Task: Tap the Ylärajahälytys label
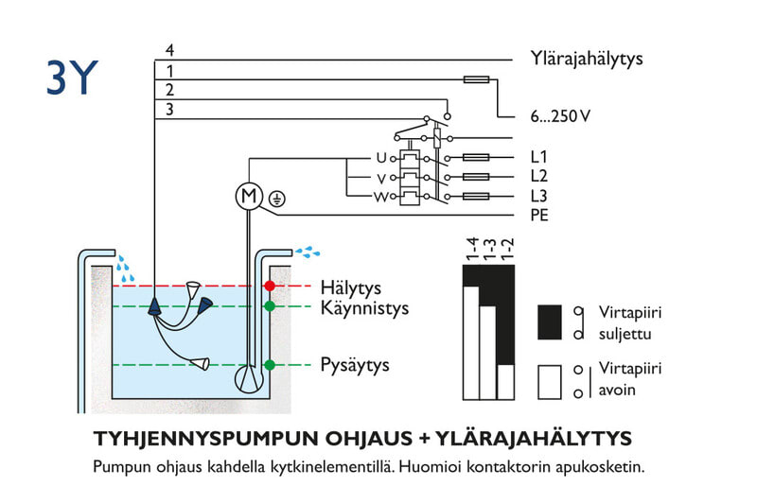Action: (x=587, y=59)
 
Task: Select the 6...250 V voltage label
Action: (x=560, y=117)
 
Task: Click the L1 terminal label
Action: (x=539, y=157)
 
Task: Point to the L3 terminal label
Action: (x=539, y=196)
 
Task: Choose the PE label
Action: (x=539, y=216)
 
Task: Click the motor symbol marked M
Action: (x=248, y=197)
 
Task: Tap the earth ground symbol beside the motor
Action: (x=276, y=199)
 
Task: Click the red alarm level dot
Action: (x=270, y=286)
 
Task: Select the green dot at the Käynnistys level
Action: (x=270, y=306)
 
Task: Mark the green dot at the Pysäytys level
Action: (x=270, y=365)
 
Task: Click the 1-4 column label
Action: (x=470, y=250)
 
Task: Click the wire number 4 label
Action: (x=169, y=50)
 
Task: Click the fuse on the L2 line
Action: (x=474, y=177)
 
